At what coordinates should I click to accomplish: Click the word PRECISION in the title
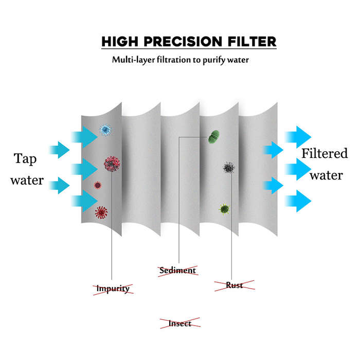click(x=183, y=42)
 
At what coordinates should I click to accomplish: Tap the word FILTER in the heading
click(x=252, y=42)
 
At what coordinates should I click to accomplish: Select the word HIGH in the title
click(x=120, y=42)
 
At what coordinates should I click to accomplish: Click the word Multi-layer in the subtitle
click(x=133, y=60)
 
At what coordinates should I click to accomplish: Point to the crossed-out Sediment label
click(x=178, y=271)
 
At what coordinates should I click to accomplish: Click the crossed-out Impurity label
click(x=113, y=289)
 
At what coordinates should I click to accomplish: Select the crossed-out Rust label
click(x=235, y=285)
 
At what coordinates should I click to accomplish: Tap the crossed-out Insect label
click(x=180, y=323)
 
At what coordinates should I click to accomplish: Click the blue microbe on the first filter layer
click(x=105, y=130)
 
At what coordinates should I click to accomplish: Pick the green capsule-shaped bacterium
click(x=214, y=137)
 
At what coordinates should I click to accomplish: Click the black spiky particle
click(x=229, y=167)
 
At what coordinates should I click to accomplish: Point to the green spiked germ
click(x=225, y=209)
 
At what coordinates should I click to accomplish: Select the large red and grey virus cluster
click(x=112, y=164)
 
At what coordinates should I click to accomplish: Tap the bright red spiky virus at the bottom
click(x=101, y=212)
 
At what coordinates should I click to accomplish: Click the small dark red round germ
click(x=98, y=185)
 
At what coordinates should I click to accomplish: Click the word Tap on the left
click(x=25, y=159)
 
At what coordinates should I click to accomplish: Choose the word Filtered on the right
click(x=325, y=153)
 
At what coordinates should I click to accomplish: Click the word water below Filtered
click(x=326, y=176)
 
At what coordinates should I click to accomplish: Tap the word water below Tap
click(x=27, y=181)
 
